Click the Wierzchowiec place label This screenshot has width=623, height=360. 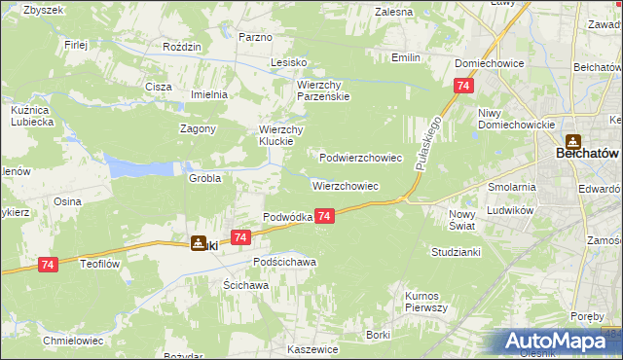click(x=345, y=185)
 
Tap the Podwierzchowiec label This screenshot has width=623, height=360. click(x=361, y=157)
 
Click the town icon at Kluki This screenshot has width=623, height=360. click(x=199, y=243)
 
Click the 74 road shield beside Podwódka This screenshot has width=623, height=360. click(x=325, y=216)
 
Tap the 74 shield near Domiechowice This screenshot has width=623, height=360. click(x=460, y=87)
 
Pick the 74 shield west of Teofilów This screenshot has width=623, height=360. click(x=48, y=264)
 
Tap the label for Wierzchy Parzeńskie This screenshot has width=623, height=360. click(x=323, y=90)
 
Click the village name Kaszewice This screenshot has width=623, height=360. click(x=312, y=348)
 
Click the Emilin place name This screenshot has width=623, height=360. click(x=406, y=57)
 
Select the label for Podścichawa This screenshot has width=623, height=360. click(x=284, y=263)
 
